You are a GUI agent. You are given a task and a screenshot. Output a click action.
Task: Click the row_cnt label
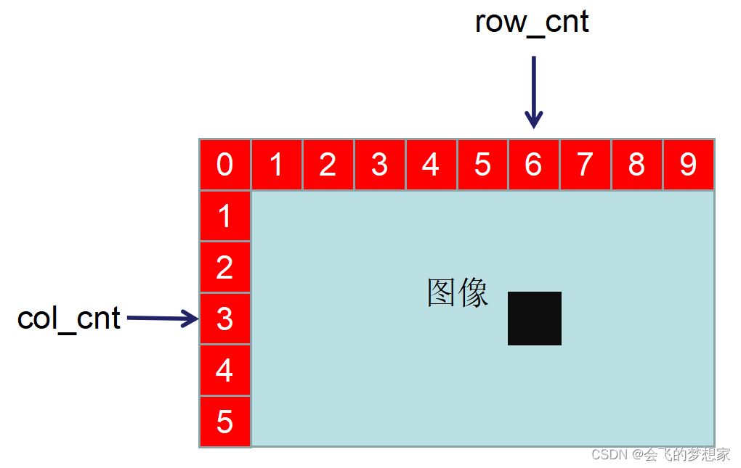(x=531, y=22)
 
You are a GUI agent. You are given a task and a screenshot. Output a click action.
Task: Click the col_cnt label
(x=68, y=318)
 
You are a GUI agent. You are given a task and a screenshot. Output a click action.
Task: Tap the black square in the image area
(x=534, y=319)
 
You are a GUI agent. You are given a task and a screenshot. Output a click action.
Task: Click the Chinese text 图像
(x=458, y=292)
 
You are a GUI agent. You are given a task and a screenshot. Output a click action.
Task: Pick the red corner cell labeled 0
(x=224, y=165)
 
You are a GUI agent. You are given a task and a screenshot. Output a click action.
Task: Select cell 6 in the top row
(x=533, y=165)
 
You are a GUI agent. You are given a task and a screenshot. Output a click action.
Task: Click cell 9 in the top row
(x=688, y=165)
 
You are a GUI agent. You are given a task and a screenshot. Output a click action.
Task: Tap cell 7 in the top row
(x=585, y=165)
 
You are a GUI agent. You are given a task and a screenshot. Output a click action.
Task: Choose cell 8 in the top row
(x=636, y=165)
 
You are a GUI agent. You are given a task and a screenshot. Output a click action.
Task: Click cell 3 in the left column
(x=224, y=319)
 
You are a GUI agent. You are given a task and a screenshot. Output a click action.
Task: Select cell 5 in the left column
(x=224, y=422)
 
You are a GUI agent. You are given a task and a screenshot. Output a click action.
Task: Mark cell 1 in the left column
(x=224, y=216)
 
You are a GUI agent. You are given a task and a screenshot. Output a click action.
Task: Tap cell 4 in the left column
(x=224, y=370)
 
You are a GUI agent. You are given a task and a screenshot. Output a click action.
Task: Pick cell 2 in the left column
(x=224, y=267)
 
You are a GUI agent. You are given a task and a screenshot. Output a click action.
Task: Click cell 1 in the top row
(x=276, y=165)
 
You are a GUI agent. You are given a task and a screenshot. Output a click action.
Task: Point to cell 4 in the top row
(x=431, y=165)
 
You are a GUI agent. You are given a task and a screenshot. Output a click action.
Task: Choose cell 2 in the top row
(x=328, y=165)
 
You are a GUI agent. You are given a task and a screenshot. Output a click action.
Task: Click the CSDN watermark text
(x=660, y=455)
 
